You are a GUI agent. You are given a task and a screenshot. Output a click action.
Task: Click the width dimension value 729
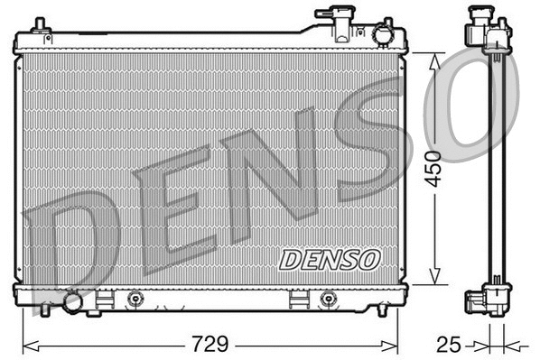coord(209,344)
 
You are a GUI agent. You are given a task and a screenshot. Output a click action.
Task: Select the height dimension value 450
coord(434,167)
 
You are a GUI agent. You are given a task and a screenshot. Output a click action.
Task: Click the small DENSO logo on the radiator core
coord(330,260)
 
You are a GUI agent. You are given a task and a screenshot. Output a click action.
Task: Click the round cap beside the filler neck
coord(383,35)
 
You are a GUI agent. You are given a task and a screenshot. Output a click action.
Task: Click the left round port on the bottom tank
coord(135,299)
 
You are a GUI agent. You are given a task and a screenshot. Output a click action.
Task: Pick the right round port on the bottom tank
coord(327,299)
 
